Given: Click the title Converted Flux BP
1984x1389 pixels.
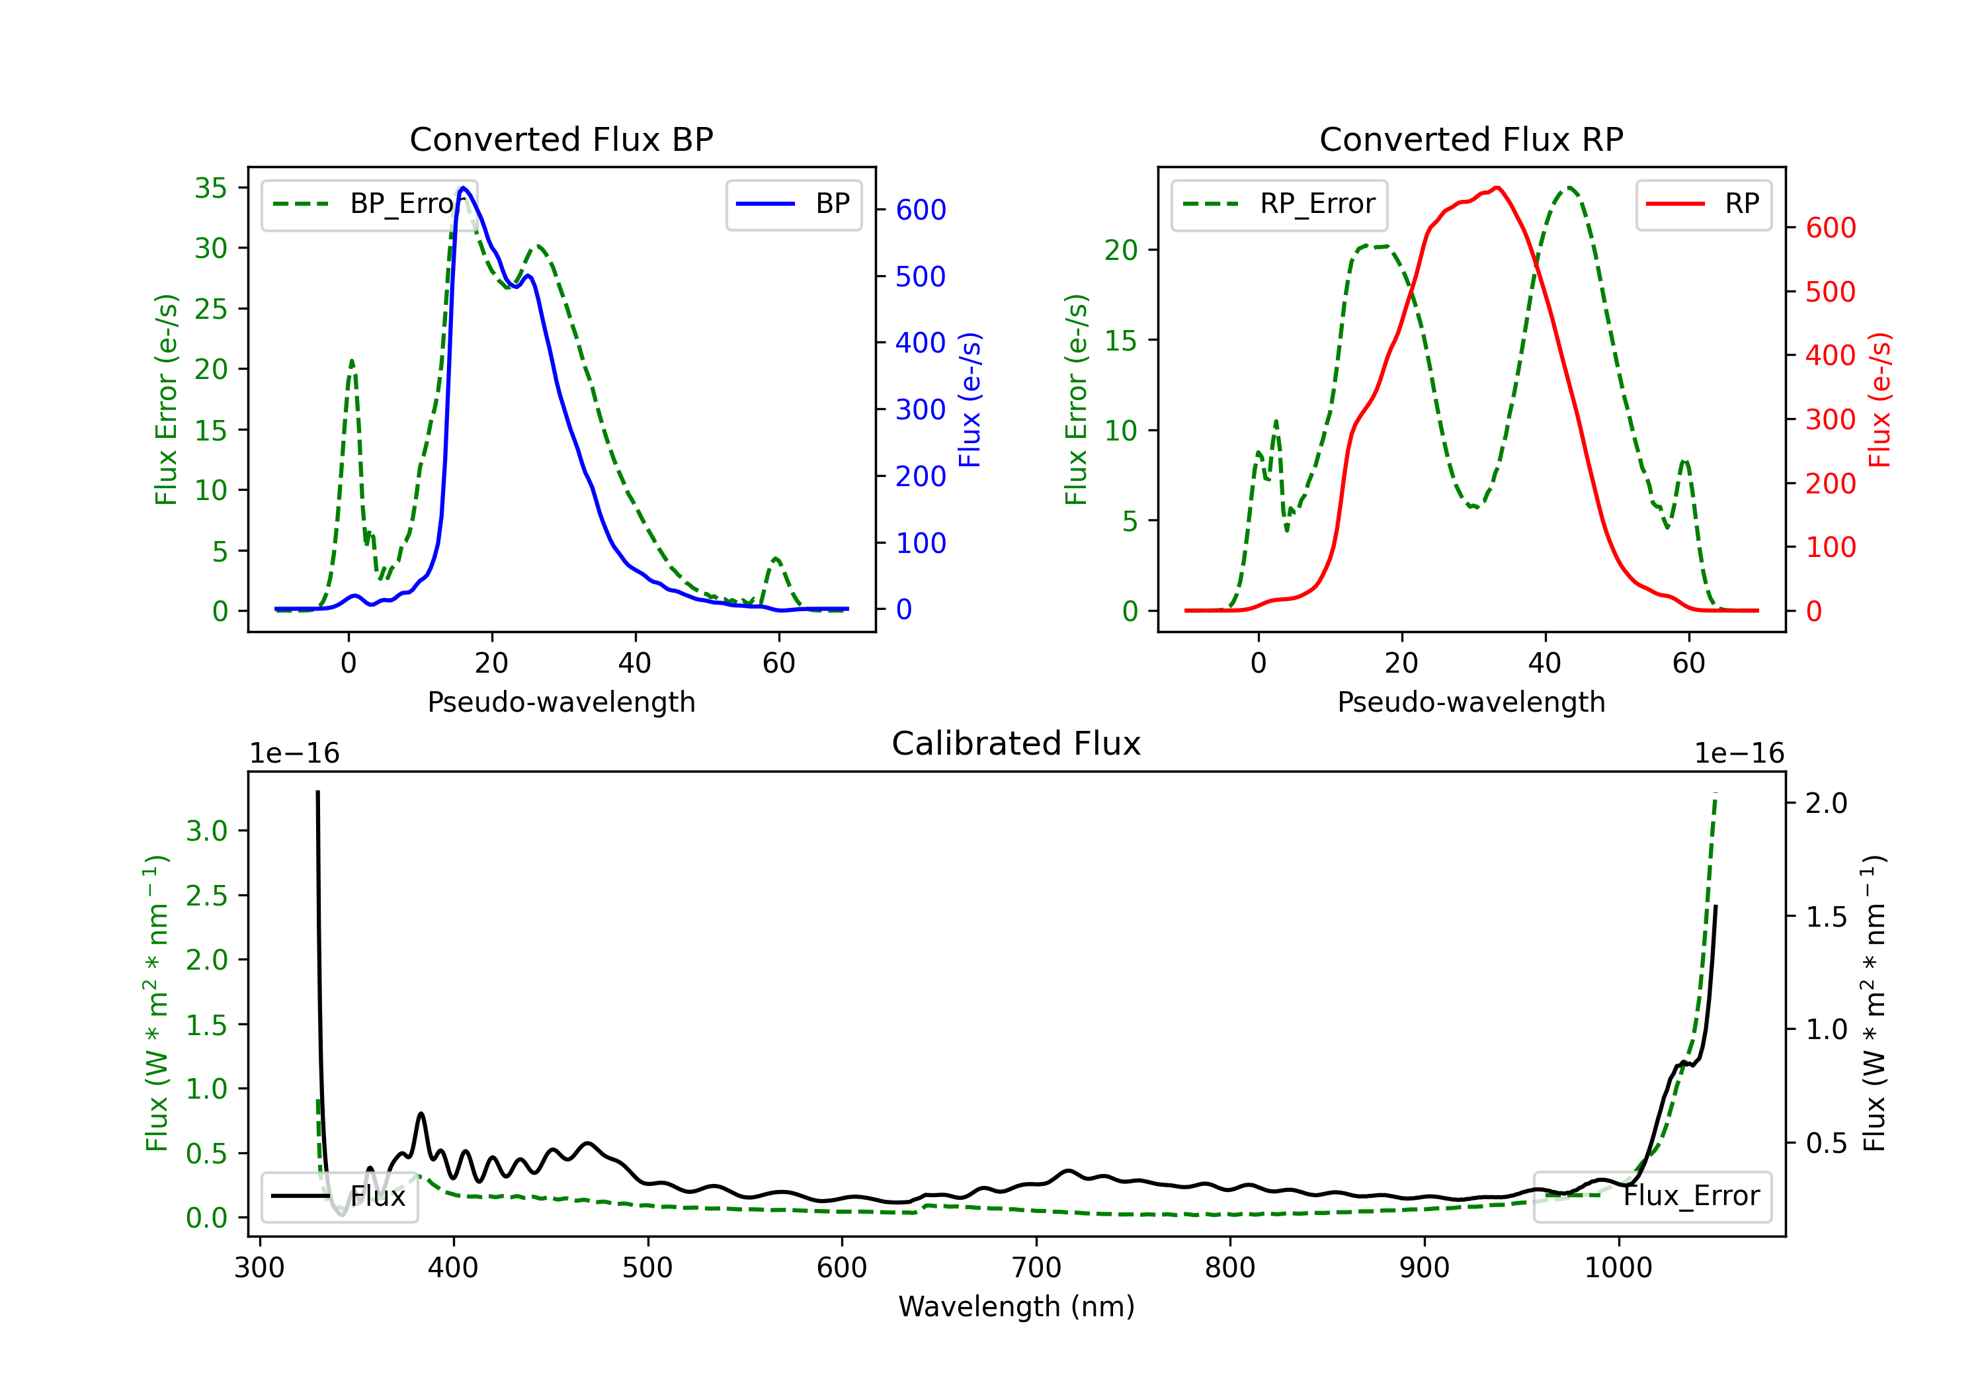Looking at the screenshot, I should [561, 139].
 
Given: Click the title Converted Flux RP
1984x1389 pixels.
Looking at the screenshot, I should [1471, 139].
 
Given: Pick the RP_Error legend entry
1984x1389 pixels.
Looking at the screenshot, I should [1279, 204].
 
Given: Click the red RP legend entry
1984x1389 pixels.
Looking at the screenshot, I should [1703, 204].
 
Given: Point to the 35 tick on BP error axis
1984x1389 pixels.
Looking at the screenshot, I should [210, 188].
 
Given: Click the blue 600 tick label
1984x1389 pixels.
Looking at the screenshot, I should [921, 210].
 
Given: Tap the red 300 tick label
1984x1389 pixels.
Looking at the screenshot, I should [1830, 419].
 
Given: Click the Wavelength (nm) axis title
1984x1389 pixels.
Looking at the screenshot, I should [1016, 1306].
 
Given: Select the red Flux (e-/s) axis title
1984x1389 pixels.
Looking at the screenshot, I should [1880, 400].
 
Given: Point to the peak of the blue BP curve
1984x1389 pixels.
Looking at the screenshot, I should [463, 188].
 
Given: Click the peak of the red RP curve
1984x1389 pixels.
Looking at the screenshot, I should [1497, 188].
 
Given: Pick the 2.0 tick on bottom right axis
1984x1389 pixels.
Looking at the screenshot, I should [1826, 803].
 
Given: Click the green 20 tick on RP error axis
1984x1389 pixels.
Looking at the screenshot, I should [1121, 250].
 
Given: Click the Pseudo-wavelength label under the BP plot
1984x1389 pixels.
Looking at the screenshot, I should [561, 702].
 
